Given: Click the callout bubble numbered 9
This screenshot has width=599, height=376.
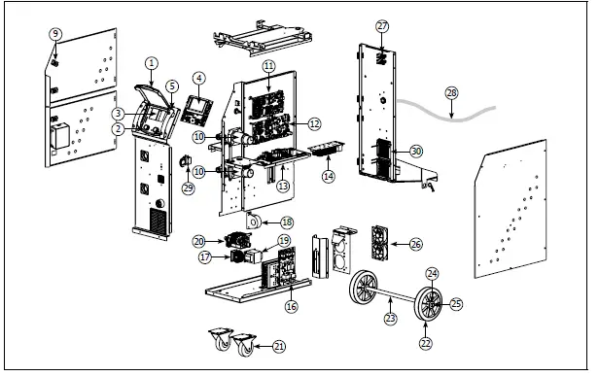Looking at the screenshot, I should [x=55, y=34].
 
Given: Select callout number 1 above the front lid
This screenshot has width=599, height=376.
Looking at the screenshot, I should [x=152, y=63].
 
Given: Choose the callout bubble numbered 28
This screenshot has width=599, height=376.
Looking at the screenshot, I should [x=450, y=92].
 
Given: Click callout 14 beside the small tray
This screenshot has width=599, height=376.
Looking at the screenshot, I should [x=328, y=177].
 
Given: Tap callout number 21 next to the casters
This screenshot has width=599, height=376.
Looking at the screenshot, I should [x=279, y=346].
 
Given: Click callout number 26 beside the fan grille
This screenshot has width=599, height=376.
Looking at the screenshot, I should [x=416, y=244].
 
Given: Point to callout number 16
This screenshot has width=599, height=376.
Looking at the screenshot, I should [x=290, y=306].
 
